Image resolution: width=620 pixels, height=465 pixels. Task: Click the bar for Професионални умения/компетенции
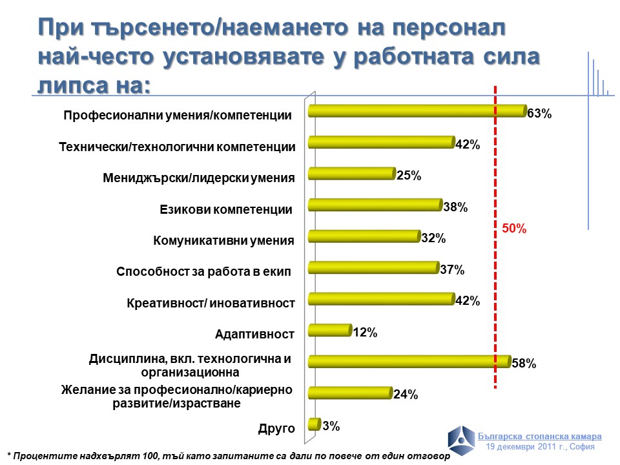click(417, 111)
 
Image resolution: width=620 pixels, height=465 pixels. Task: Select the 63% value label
click(539, 114)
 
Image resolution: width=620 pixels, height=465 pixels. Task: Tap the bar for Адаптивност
click(329, 331)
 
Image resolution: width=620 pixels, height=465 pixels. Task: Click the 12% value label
click(365, 333)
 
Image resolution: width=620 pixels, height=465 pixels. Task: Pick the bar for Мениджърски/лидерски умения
click(351, 173)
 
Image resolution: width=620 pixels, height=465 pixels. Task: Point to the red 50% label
click(515, 229)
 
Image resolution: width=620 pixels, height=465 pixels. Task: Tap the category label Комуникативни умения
click(223, 241)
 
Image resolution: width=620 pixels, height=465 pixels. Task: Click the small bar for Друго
click(315, 424)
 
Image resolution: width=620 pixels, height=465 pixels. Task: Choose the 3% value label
click(331, 426)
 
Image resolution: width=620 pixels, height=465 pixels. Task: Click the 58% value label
click(524, 364)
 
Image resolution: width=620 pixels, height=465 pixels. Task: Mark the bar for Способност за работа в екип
click(374, 267)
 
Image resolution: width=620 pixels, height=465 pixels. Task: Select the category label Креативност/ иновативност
click(211, 303)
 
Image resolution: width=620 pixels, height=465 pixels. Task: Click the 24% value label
click(406, 395)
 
